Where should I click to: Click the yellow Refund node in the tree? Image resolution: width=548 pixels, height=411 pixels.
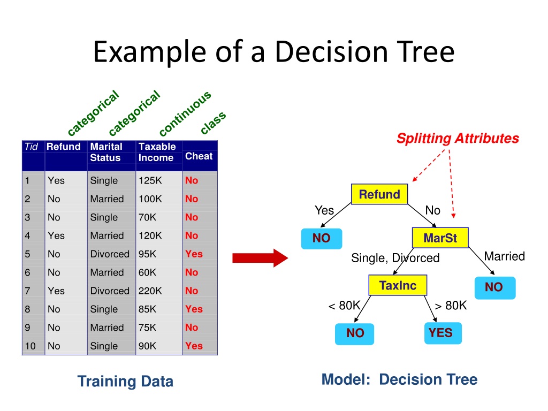[379, 194]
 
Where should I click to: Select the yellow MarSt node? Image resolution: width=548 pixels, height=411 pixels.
[440, 238]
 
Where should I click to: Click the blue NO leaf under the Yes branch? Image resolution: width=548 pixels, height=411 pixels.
[321, 238]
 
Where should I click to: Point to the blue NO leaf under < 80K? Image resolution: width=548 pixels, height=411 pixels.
[355, 333]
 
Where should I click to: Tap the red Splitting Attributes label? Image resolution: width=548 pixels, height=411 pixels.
[458, 139]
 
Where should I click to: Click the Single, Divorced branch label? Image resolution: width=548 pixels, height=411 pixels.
[395, 258]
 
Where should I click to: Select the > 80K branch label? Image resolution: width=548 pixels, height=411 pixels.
[451, 306]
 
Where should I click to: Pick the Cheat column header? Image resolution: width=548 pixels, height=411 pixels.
[199, 156]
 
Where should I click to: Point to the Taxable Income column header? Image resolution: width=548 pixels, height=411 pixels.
[157, 152]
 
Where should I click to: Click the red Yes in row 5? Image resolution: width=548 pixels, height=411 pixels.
[194, 254]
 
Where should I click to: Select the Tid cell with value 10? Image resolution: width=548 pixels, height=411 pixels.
[30, 346]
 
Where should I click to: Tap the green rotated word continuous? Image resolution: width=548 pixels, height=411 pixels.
[185, 113]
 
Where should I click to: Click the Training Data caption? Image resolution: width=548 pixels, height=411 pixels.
[125, 381]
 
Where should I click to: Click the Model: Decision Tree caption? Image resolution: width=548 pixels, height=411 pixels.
[399, 380]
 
